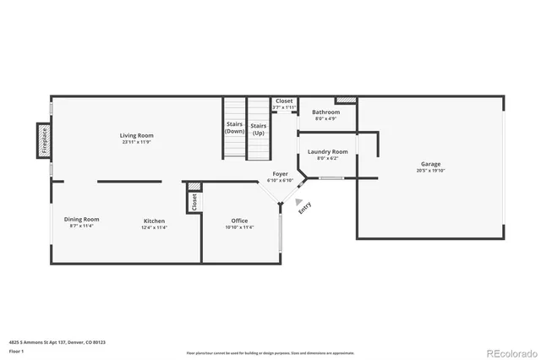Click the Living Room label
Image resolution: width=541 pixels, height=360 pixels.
point(136,135)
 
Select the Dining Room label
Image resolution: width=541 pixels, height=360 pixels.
point(82,219)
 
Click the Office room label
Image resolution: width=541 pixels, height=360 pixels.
point(240,221)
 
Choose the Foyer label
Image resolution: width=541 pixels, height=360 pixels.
point(280,173)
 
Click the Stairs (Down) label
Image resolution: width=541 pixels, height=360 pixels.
point(234,128)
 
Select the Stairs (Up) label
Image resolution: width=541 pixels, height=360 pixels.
point(258,128)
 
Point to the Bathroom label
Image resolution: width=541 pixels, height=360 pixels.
point(326,112)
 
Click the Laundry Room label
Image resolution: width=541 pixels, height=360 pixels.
point(326,151)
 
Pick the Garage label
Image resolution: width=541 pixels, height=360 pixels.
point(431,164)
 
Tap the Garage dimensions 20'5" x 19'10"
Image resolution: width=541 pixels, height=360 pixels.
point(431,171)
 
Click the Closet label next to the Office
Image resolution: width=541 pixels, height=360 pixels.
point(194,201)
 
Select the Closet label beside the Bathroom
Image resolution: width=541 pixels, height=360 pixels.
point(284,101)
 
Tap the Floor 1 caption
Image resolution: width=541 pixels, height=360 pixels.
point(16,350)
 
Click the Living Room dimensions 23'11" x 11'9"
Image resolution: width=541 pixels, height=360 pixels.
point(136,142)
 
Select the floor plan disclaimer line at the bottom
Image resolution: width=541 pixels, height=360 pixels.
point(270,352)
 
